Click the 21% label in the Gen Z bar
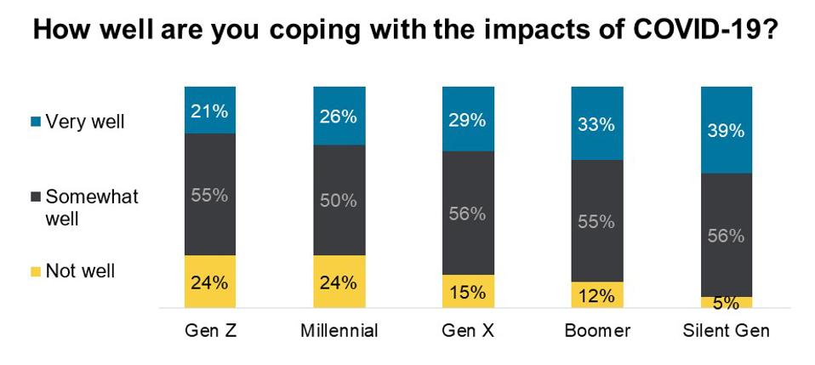[x=210, y=111]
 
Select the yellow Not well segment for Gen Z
[x=210, y=282]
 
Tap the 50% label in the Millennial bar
[x=339, y=201]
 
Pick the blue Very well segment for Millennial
[x=339, y=116]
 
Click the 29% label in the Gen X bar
[x=468, y=120]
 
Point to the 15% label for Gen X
[x=468, y=292]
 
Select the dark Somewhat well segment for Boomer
[x=597, y=221]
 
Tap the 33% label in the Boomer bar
[x=597, y=124]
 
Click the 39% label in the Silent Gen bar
[x=727, y=130]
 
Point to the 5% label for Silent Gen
[x=727, y=303]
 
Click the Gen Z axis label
[x=210, y=331]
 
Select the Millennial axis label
[x=339, y=331]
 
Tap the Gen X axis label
[x=468, y=331]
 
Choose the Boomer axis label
[x=597, y=331]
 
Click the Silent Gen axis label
[x=727, y=331]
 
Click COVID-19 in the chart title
[x=699, y=31]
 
